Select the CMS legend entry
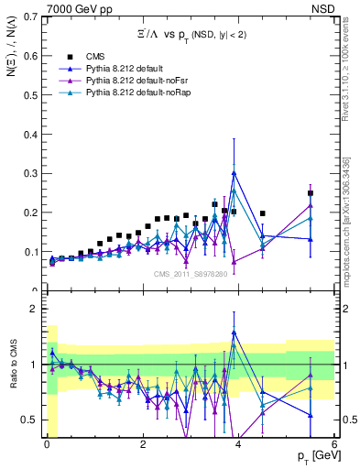click(83, 56)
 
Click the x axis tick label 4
click(239, 442)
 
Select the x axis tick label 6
click(334, 442)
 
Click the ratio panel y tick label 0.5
click(31, 420)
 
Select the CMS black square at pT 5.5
click(311, 193)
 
